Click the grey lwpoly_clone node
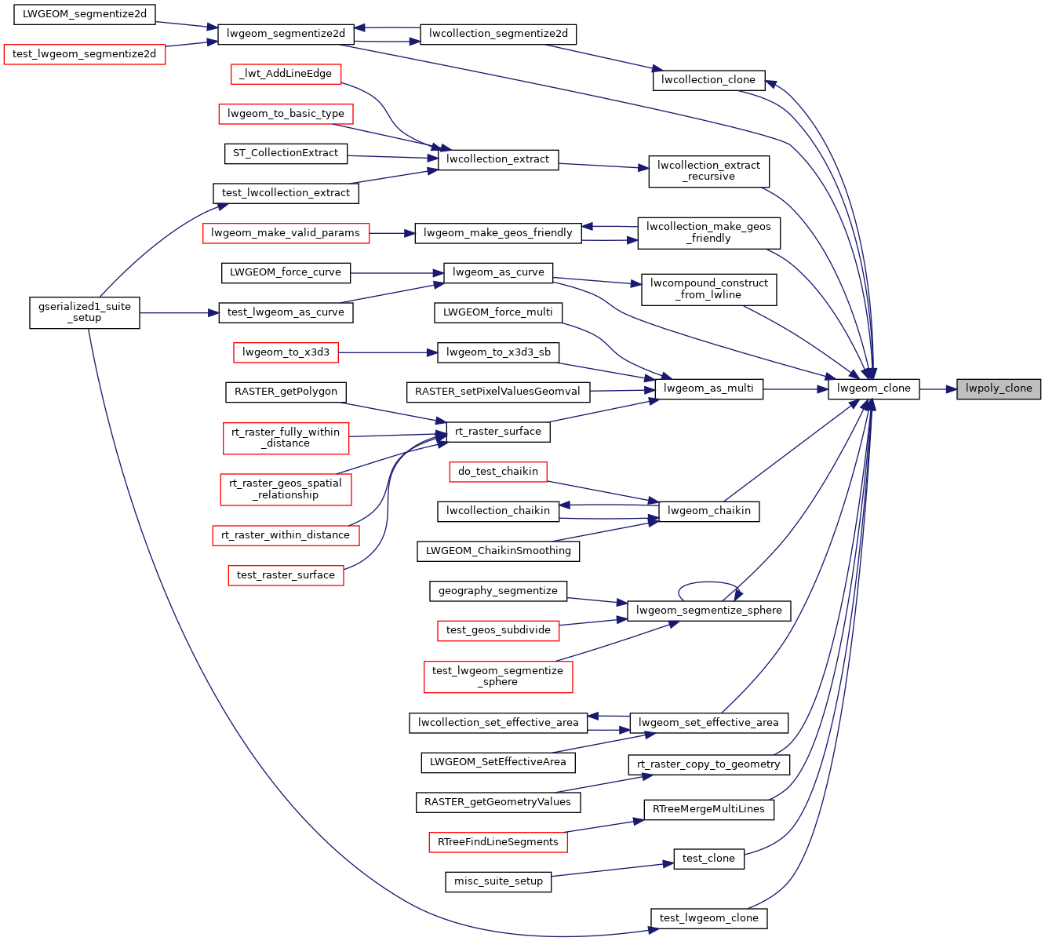pos(998,388)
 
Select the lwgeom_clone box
pos(873,388)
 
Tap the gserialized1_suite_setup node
pos(85,312)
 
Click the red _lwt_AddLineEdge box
pos(286,75)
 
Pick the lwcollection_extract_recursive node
pos(708,171)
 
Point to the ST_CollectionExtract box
pos(286,153)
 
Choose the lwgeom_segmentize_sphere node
pos(708,611)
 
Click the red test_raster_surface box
pos(286,575)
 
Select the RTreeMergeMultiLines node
pos(708,809)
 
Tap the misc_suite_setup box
pos(498,881)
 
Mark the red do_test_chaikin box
pos(498,472)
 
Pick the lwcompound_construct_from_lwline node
pos(708,290)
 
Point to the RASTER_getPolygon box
pos(286,392)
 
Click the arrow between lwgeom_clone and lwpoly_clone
pos(938,388)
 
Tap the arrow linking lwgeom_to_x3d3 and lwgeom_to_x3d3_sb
pos(388,352)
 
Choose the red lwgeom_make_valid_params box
pos(286,233)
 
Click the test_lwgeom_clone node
pos(708,918)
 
